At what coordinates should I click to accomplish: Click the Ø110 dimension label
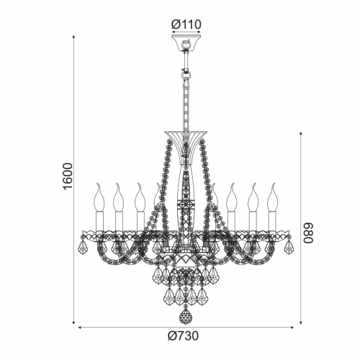(x=186, y=24)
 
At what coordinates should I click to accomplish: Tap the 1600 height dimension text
(x=68, y=176)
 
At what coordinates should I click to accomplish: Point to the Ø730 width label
(x=184, y=336)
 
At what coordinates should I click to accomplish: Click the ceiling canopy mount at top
(x=186, y=42)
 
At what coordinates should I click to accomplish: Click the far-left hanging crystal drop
(x=83, y=246)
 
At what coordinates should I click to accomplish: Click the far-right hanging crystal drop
(x=289, y=246)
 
